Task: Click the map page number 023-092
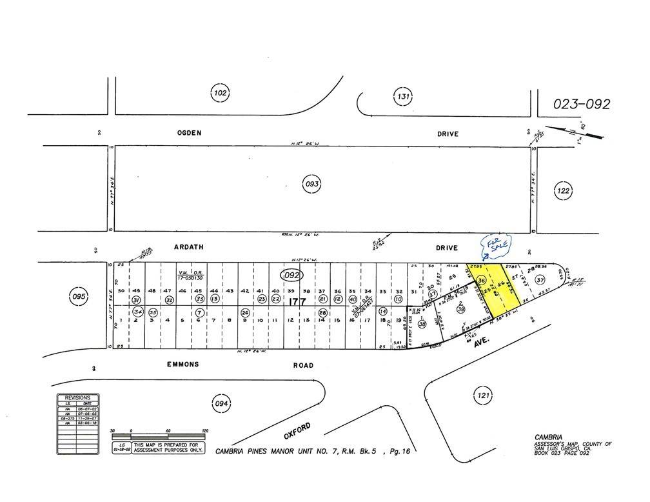click(x=582, y=105)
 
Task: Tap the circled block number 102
click(x=219, y=94)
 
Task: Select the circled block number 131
click(x=403, y=97)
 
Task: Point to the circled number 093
click(x=311, y=185)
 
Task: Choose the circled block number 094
click(x=221, y=405)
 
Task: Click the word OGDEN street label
click(x=190, y=134)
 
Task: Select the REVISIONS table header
click(x=76, y=397)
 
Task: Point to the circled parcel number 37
click(x=540, y=280)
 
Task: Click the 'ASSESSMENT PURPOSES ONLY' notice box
click(x=167, y=448)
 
